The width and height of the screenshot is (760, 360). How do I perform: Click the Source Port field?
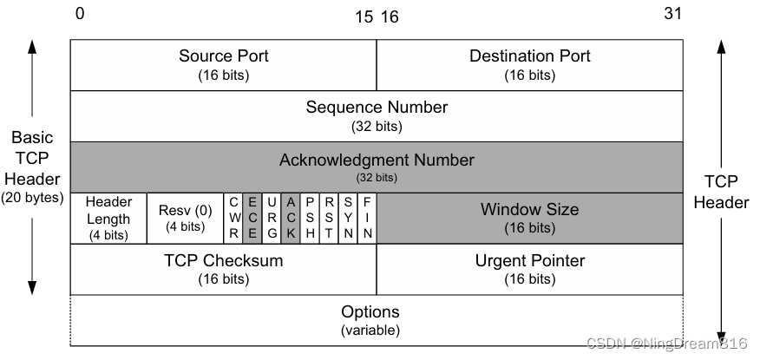point(223,65)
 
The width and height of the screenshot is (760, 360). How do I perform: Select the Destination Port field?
point(529,65)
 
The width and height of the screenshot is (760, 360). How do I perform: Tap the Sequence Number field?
point(377,115)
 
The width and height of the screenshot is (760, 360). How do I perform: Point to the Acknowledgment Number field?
point(377,167)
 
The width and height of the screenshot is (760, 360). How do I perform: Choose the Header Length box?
point(108,218)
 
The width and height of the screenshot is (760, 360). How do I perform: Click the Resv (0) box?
point(185,218)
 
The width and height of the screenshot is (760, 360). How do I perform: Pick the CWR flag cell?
point(233,218)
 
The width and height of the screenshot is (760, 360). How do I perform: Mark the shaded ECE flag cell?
point(252,218)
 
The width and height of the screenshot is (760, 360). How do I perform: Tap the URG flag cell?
point(272,218)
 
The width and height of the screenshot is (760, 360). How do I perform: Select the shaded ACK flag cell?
point(291,218)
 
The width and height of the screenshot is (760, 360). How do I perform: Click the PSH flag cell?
point(310,218)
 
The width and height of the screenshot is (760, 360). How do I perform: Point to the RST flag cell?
point(329,218)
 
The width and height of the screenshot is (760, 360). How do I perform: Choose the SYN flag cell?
point(348,218)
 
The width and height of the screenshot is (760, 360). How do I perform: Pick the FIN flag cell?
point(367,218)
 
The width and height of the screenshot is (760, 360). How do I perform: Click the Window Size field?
point(529,218)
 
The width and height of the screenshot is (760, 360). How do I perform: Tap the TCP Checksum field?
point(223,269)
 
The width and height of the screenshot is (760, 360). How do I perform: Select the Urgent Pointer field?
point(529,269)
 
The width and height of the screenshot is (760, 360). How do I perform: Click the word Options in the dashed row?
point(370,311)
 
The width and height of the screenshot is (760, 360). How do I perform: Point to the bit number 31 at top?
point(672,14)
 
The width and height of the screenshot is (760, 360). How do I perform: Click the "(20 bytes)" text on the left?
point(32,197)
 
